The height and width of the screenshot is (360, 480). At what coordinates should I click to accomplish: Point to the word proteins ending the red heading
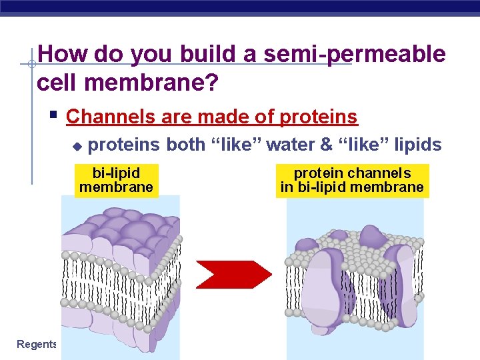[x=319, y=117]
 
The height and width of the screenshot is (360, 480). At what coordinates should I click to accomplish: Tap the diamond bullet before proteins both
[x=77, y=145]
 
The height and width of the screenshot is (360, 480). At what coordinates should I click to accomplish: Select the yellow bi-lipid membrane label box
[x=117, y=180]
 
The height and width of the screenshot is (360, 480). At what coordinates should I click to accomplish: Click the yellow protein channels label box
[x=352, y=180]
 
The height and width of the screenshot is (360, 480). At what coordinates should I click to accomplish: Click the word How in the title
[x=64, y=55]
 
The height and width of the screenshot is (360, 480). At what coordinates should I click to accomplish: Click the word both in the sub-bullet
[x=186, y=145]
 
